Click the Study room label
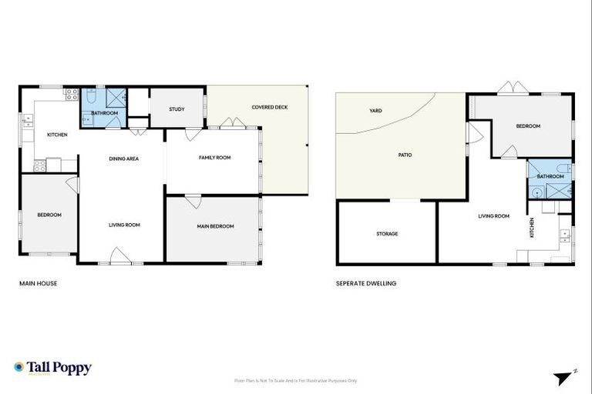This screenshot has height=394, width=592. (177, 109)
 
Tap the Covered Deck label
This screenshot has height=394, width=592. (270, 107)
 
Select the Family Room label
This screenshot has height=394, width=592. (215, 158)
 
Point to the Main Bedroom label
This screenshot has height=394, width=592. (215, 226)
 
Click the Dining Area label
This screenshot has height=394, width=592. (123, 159)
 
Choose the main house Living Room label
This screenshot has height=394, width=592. (123, 225)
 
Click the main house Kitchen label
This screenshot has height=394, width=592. (57, 135)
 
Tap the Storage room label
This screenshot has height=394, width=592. (387, 233)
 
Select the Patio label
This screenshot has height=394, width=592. (405, 155)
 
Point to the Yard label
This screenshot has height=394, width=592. (375, 111)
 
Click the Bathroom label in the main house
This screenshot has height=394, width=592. (104, 113)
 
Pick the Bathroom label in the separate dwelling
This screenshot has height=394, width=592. (550, 176)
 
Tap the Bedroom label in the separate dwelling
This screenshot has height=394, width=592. (528, 126)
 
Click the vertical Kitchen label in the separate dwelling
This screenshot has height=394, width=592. (531, 227)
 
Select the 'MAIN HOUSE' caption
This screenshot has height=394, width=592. (38, 283)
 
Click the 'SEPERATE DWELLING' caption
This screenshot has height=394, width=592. (366, 283)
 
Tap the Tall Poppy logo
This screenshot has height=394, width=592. (52, 368)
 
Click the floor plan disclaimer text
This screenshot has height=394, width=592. (296, 380)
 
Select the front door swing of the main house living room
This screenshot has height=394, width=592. (119, 255)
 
